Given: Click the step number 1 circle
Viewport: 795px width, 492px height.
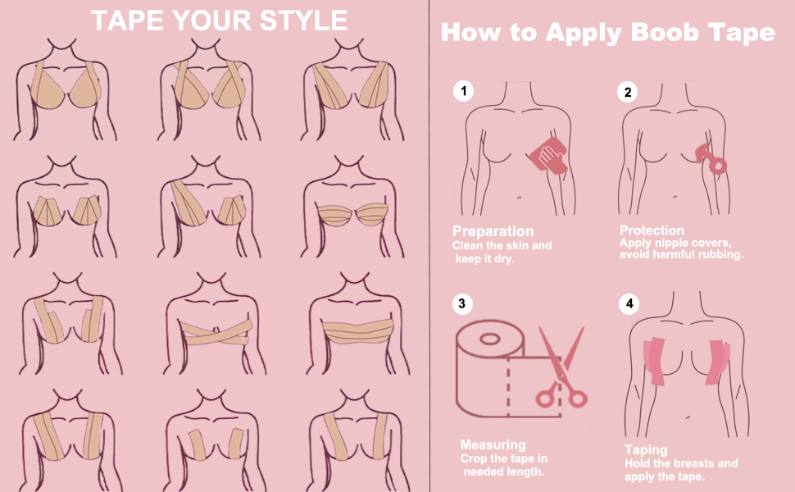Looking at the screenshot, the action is [x=463, y=92].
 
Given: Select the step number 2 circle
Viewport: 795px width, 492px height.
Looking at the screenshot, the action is [x=627, y=92].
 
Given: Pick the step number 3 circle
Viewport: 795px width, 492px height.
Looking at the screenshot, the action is [x=463, y=304].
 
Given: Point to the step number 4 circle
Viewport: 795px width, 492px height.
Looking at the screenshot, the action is [x=629, y=304].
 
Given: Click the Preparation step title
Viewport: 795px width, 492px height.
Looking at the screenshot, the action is [x=493, y=231].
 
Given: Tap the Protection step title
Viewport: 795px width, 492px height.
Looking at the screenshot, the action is [x=652, y=230].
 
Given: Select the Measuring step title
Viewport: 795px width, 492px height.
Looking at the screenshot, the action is [x=493, y=445].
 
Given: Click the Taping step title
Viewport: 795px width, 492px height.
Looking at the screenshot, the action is [x=646, y=450].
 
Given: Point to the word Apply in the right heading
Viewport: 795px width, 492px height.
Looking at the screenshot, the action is [x=574, y=34].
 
